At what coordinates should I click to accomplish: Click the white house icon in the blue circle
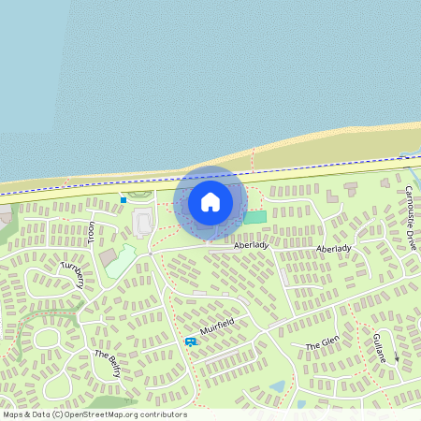210,202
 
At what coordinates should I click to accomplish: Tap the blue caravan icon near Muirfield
191,342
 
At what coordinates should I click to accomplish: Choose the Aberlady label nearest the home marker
251,245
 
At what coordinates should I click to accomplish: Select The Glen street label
322,344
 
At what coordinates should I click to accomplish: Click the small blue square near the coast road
123,198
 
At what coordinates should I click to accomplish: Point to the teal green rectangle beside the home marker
255,217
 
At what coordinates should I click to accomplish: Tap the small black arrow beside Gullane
396,357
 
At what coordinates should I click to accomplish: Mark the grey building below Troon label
109,255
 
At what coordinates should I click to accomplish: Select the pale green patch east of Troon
122,262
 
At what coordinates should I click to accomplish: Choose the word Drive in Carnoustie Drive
412,238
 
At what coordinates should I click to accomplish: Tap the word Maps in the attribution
13,414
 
